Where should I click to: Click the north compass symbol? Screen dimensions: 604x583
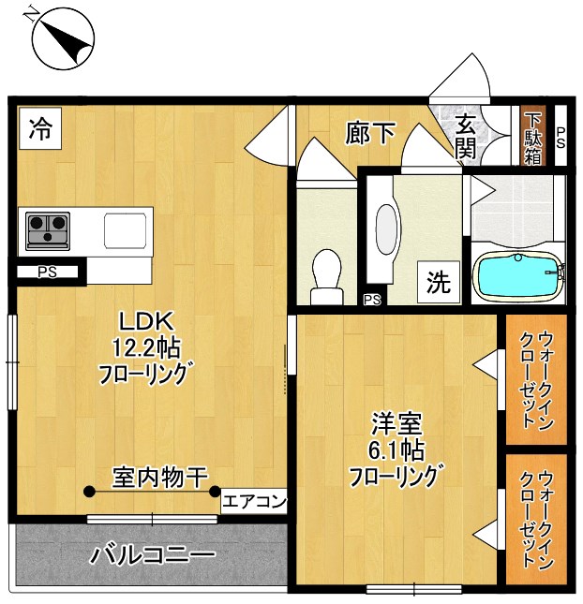pos(63,38)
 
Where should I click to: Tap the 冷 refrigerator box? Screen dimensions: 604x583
pos(39,129)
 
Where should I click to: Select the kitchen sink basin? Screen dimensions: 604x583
pos(122,229)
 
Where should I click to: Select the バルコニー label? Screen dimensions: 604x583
pos(152,554)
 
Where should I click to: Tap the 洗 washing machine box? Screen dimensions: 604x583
pos(439,282)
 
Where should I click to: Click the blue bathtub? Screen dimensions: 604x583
pos(518,276)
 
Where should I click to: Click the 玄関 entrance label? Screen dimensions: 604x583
pos(466,135)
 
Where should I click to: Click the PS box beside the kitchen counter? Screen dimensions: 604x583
pos(47,273)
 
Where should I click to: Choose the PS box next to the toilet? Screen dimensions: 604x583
pos(372,300)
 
